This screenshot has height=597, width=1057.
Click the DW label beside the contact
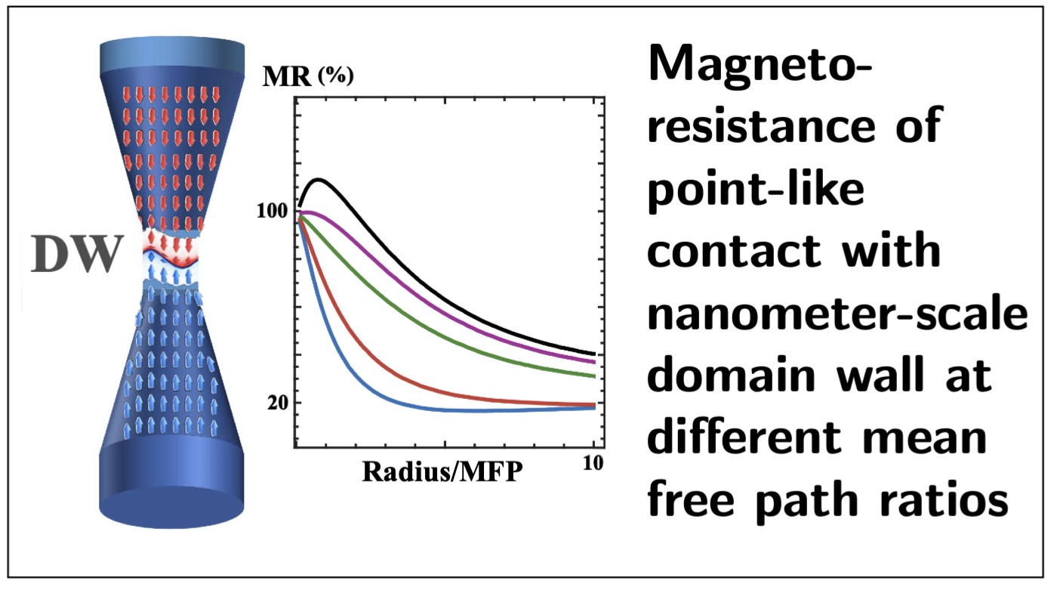coord(77,254)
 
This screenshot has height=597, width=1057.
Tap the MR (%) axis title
coord(308,76)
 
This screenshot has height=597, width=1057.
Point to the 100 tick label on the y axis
coord(273,211)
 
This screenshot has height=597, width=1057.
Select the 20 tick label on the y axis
coord(278,403)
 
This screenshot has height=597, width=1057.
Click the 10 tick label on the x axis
coord(593,463)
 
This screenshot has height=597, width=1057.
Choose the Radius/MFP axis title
coord(442,472)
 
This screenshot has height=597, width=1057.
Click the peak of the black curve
coord(319,180)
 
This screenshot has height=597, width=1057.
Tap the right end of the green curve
coord(594,376)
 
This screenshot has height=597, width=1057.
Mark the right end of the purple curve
coord(594,362)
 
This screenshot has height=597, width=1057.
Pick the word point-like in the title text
coord(756,190)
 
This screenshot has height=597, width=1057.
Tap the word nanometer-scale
coord(837,314)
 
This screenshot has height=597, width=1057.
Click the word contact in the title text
coord(734,252)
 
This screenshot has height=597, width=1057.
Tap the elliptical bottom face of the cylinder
coord(171,507)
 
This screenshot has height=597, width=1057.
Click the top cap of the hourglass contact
coord(172,55)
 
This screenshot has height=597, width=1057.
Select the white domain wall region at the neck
coord(171,258)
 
